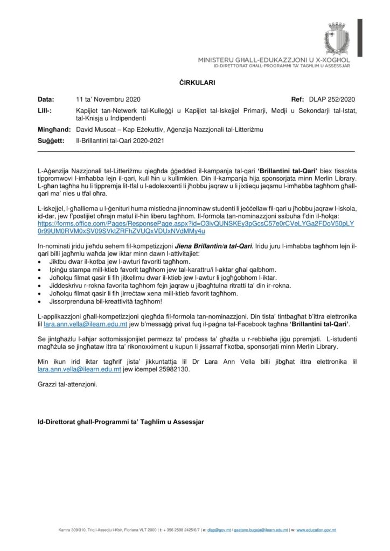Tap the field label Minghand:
coord(51,130)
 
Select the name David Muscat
coord(97,130)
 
